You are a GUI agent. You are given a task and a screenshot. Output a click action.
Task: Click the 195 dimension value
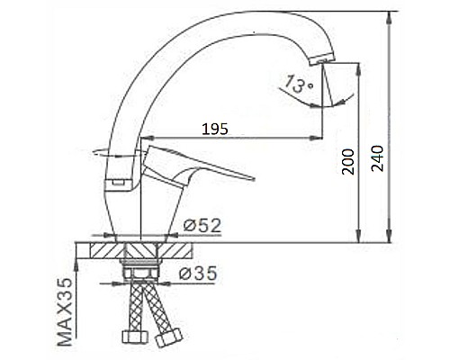213,129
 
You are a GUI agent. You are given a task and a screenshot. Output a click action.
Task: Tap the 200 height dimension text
346,163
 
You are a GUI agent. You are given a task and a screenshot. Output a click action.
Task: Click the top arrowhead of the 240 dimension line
389,15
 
